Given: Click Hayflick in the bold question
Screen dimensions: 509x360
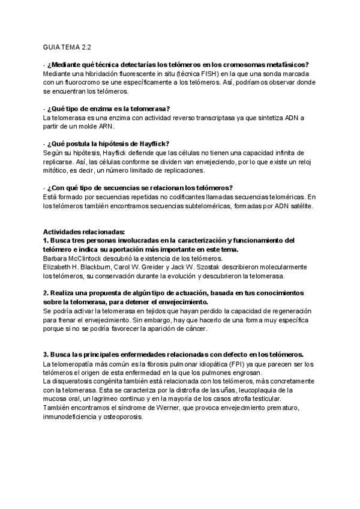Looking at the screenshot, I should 154,143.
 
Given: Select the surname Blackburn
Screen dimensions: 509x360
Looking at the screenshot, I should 109,267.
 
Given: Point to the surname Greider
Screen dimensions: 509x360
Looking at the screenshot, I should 161,267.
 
